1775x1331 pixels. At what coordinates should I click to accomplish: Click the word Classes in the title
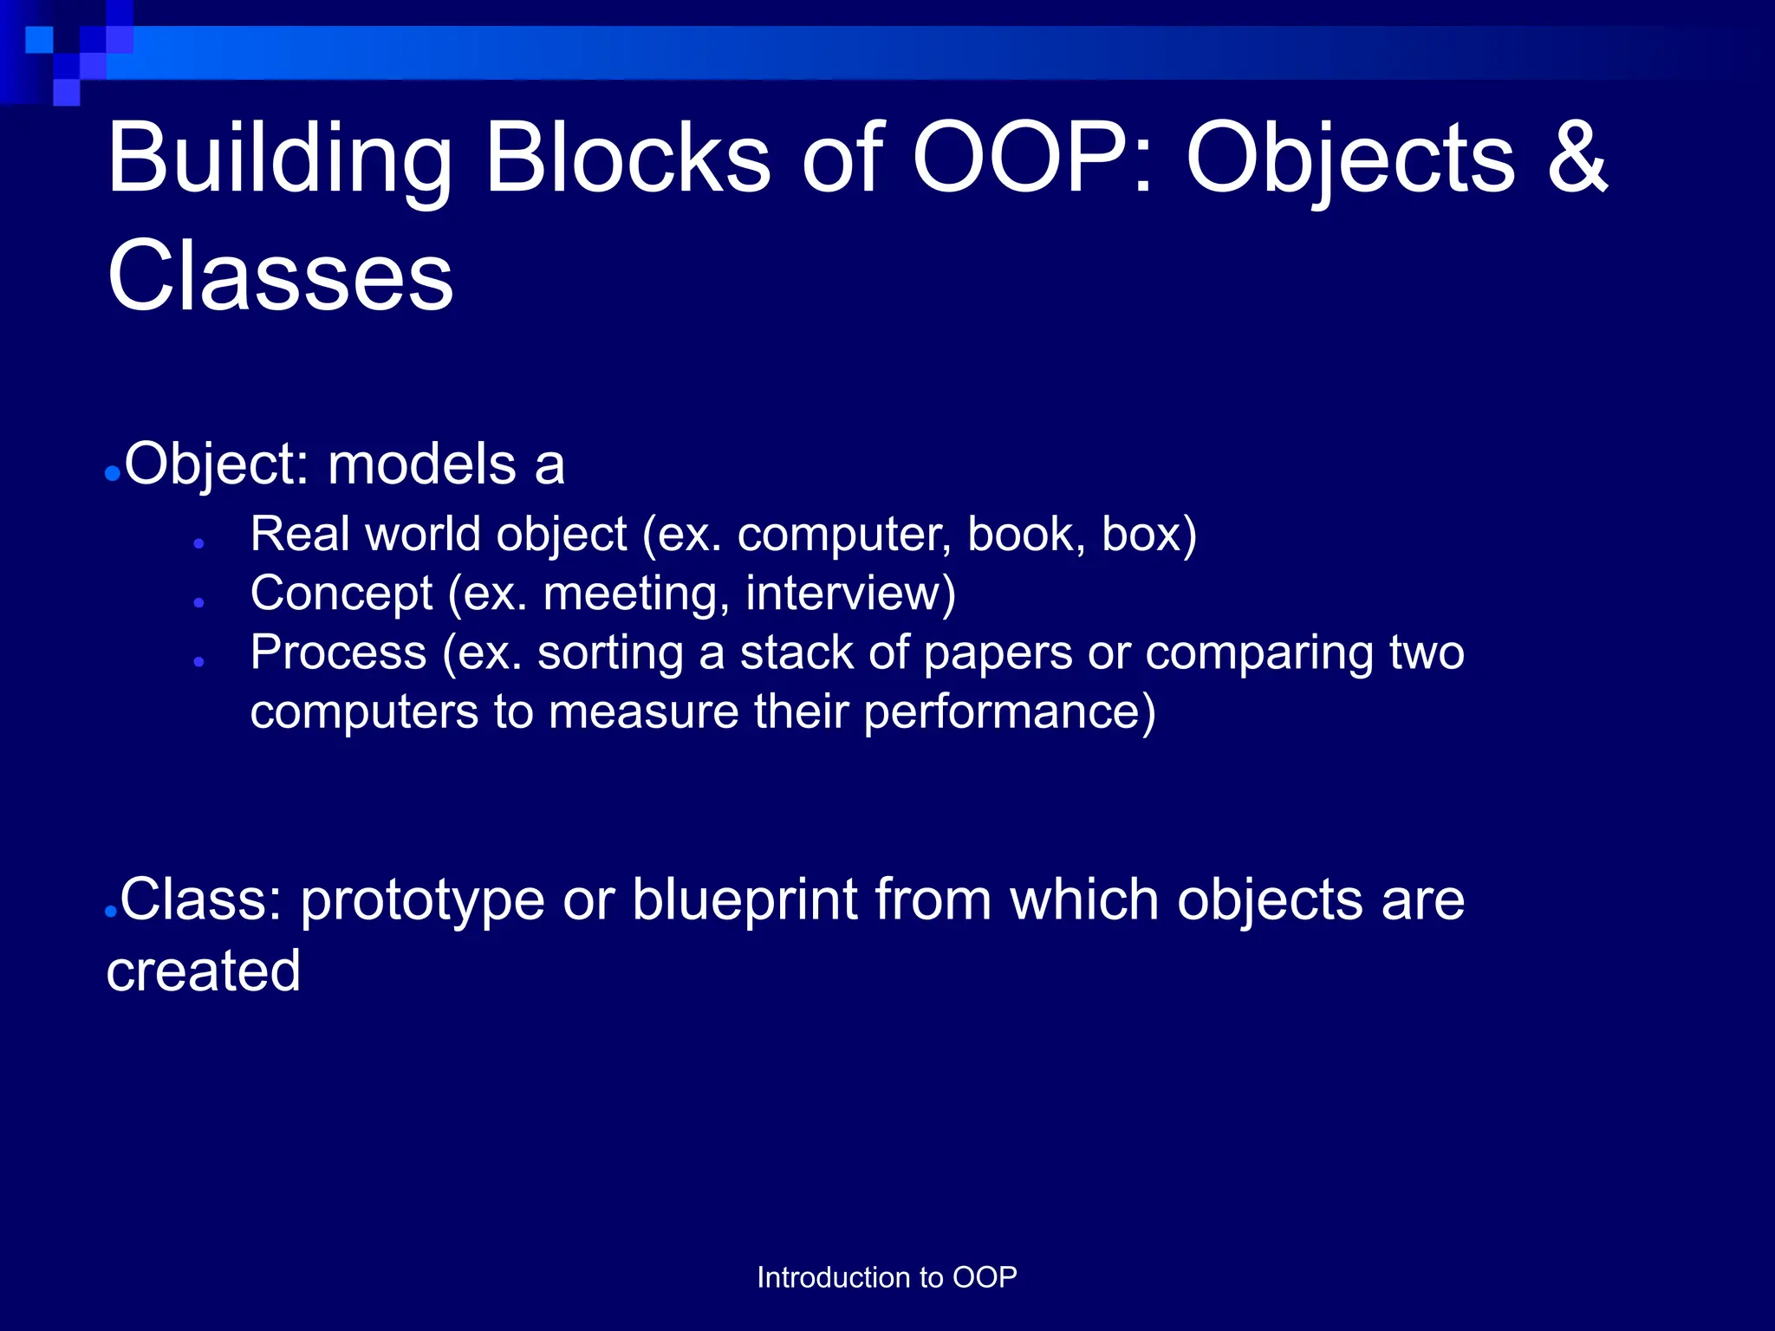[280, 276]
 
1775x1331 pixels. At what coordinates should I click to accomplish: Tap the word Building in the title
[279, 160]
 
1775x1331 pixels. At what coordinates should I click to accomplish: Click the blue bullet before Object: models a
[112, 473]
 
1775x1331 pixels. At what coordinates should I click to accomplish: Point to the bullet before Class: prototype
[110, 912]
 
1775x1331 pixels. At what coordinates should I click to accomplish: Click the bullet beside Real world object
[199, 543]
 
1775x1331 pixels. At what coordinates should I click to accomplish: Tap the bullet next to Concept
[199, 602]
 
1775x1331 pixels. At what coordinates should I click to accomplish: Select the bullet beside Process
[199, 661]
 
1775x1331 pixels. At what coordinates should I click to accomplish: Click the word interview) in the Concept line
[850, 594]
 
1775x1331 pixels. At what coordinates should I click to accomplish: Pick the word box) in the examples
[1148, 535]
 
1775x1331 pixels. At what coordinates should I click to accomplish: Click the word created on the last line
[204, 971]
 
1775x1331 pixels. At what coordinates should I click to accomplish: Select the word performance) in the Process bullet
[1009, 713]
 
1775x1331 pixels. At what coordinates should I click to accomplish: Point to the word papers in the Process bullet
[997, 654]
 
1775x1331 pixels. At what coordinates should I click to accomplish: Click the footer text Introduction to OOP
[887, 1277]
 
